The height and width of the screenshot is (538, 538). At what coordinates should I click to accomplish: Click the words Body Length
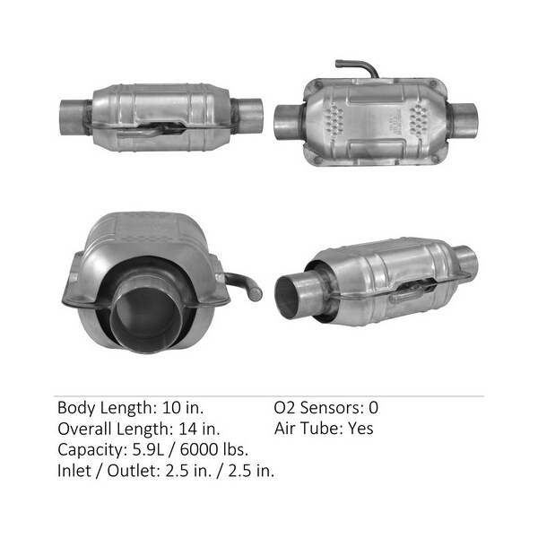click(104, 408)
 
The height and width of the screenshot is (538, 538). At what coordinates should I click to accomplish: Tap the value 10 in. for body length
click(183, 408)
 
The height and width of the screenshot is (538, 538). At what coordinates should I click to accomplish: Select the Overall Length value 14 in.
click(199, 429)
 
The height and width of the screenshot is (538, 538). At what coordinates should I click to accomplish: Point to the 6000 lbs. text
click(214, 449)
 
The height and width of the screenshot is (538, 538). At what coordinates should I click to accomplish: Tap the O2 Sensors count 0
click(373, 408)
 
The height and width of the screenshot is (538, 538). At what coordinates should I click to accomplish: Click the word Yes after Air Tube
click(360, 429)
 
